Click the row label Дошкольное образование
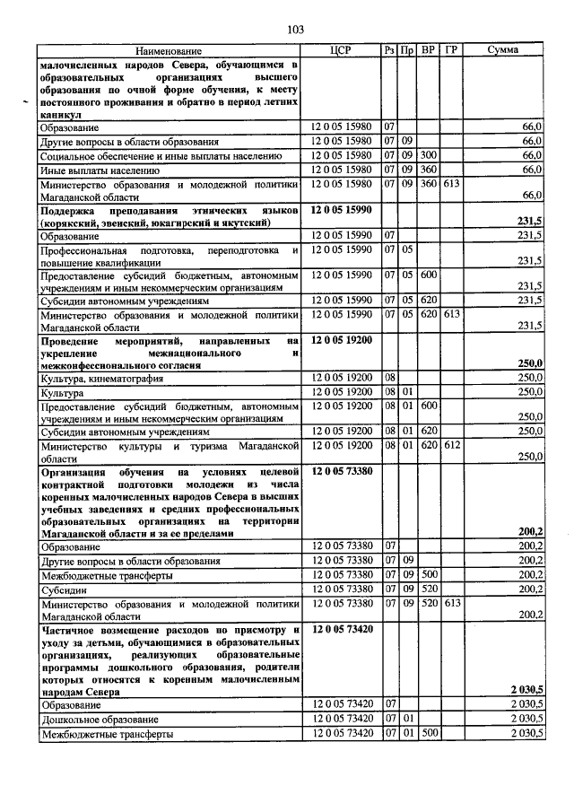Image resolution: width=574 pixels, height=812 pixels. click(x=99, y=720)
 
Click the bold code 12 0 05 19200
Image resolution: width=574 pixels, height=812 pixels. click(x=341, y=341)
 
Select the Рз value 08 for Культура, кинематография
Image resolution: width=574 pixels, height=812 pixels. click(x=390, y=379)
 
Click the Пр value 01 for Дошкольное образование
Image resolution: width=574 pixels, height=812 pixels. click(x=406, y=720)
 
